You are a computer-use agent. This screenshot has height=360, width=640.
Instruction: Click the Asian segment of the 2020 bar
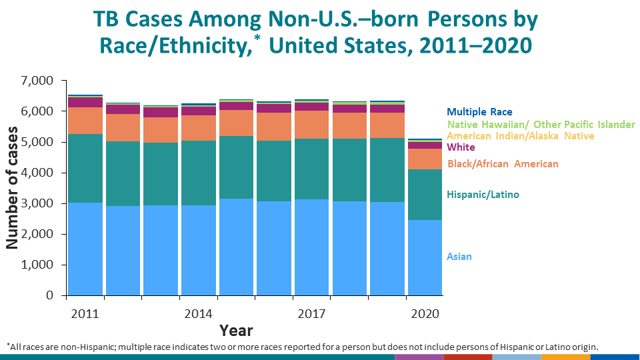click(x=425, y=257)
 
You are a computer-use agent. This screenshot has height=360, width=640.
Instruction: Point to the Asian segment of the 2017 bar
click(x=311, y=247)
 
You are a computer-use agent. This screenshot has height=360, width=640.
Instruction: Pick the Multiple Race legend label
click(x=479, y=112)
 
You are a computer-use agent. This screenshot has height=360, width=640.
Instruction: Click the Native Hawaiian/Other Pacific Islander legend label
click(x=541, y=124)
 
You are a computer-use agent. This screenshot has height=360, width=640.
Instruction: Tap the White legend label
click(x=461, y=147)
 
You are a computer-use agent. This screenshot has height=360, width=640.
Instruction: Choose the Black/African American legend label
click(x=503, y=164)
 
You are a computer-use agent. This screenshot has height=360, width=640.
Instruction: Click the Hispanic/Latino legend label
click(x=483, y=195)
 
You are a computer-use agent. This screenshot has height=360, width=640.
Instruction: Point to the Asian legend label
click(x=459, y=257)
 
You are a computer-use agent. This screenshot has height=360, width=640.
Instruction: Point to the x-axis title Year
click(x=236, y=329)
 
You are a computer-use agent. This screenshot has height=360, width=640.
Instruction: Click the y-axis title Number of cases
click(x=13, y=188)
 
